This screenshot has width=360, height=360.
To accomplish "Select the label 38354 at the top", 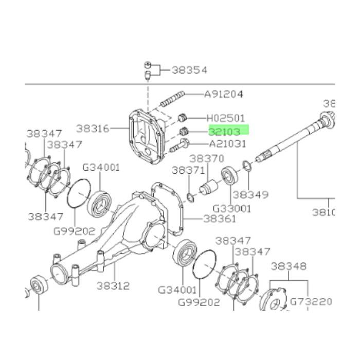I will [189, 69].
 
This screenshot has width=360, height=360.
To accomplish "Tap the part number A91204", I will [224, 94].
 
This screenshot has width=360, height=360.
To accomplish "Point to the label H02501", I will [226, 118].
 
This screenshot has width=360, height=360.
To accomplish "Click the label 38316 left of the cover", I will [93, 128].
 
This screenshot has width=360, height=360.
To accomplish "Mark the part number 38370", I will [207, 159].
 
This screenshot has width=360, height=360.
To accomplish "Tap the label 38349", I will [250, 195].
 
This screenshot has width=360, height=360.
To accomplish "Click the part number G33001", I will [232, 208].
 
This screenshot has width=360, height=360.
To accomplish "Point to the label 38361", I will [219, 219].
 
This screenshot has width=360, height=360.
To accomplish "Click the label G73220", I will [311, 301].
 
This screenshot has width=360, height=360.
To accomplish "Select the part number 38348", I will [289, 266].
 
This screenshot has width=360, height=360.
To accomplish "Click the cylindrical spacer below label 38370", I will [209, 187].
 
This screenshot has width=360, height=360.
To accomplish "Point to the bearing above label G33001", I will [229, 176].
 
